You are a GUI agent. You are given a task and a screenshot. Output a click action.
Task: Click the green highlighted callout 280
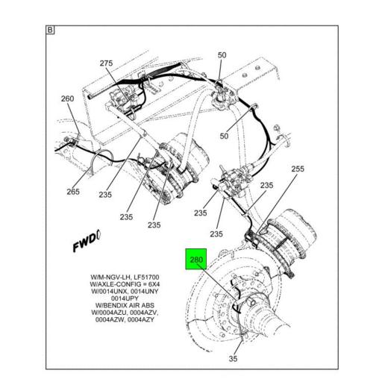click(x=197, y=261)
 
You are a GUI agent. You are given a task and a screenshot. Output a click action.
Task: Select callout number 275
click(x=106, y=64)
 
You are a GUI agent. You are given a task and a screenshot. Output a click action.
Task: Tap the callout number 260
click(x=67, y=98)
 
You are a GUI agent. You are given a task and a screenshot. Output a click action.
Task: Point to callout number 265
click(x=72, y=192)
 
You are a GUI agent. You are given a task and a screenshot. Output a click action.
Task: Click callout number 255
click(x=297, y=169)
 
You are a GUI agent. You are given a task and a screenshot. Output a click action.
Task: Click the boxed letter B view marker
click(x=50, y=31)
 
